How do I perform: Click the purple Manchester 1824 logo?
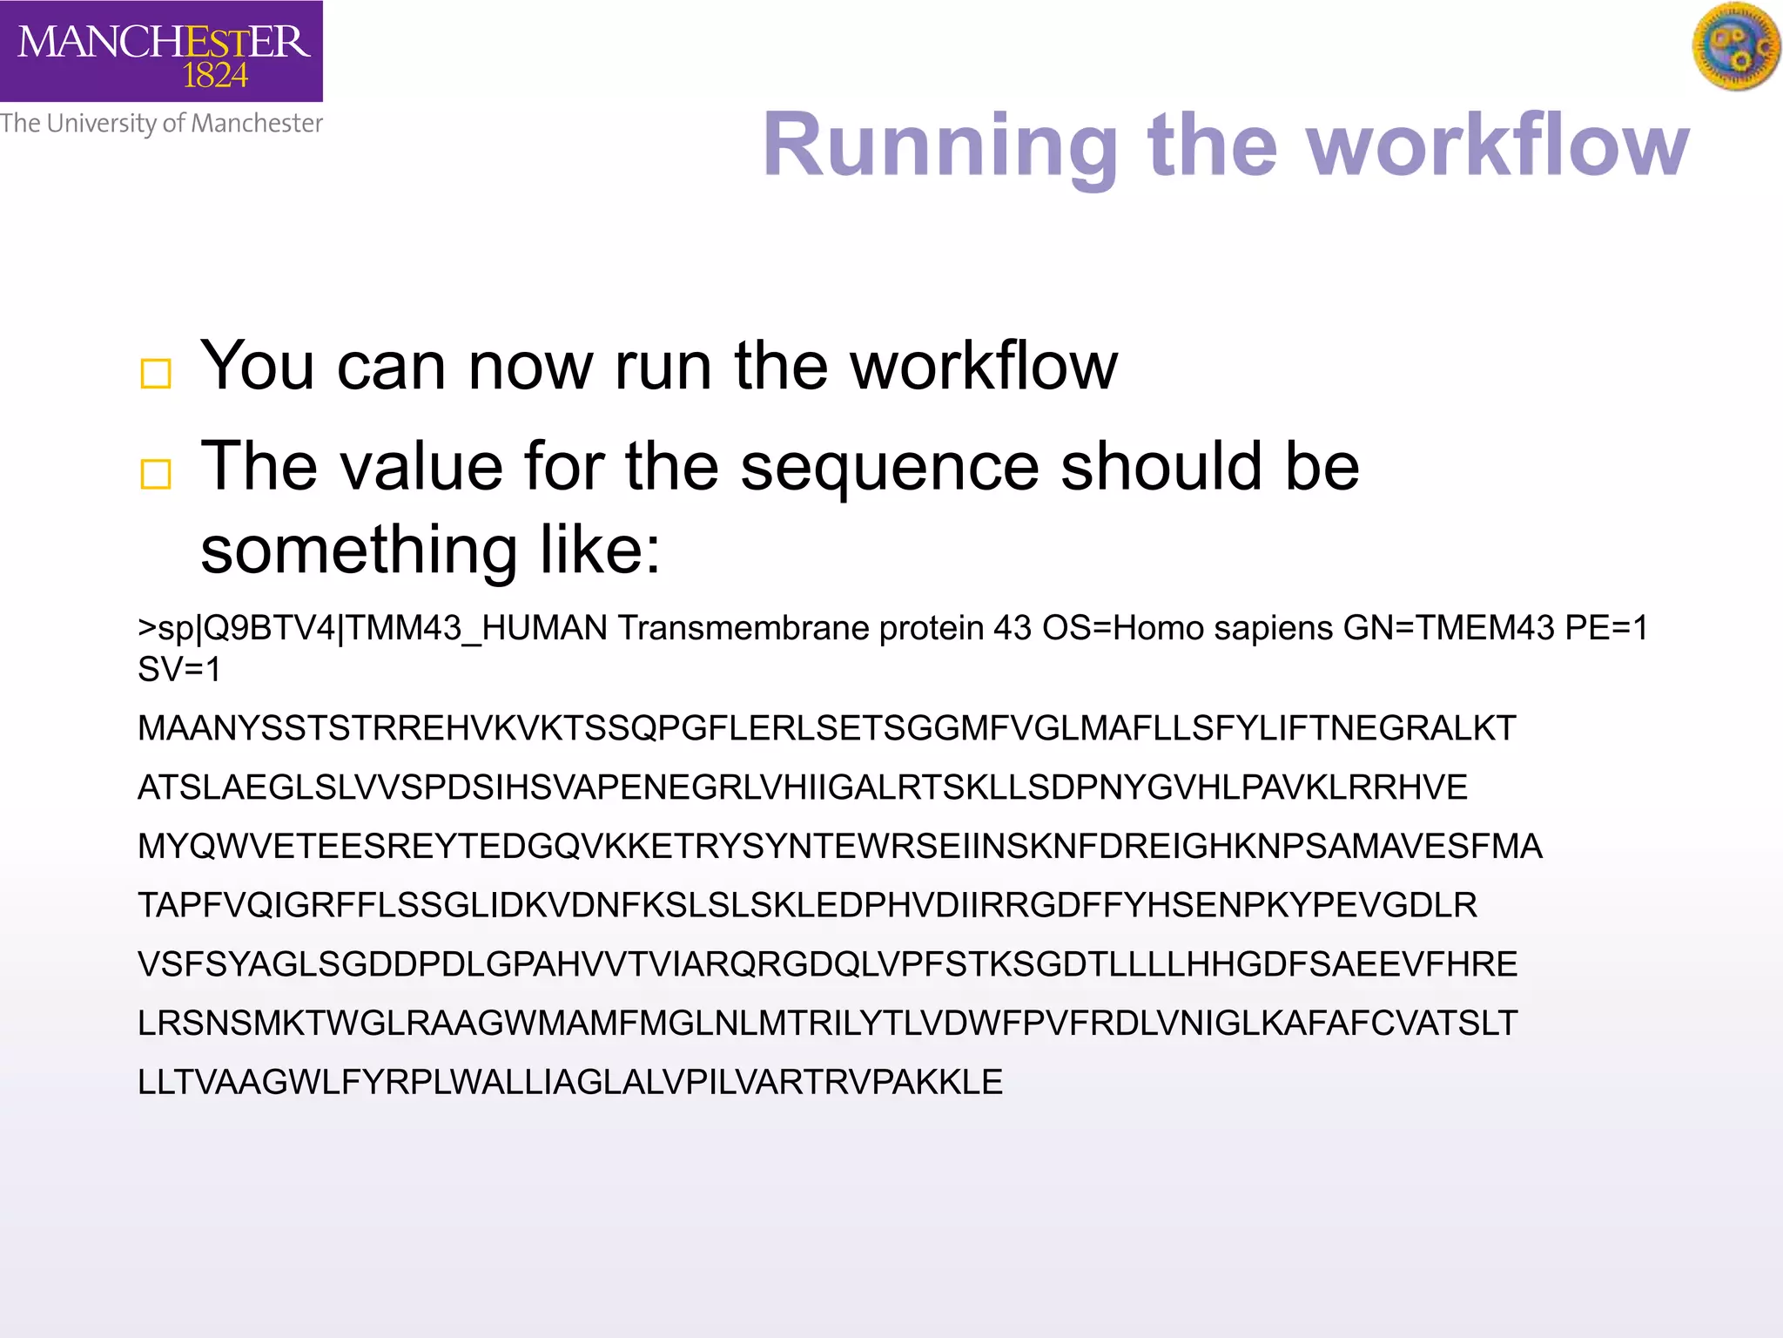[161, 51]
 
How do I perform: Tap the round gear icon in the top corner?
[1736, 45]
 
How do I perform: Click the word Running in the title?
[940, 146]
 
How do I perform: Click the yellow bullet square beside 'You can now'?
[156, 374]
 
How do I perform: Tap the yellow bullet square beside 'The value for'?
[156, 475]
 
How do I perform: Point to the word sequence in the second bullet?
[890, 467]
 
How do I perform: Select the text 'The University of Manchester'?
[161, 124]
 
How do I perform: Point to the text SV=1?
[179, 670]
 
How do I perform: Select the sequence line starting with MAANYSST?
[826, 728]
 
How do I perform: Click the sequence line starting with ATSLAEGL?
[802, 787]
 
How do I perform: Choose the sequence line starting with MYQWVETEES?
[839, 847]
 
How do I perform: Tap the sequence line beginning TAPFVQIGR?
[807, 906]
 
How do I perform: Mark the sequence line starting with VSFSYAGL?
[827, 964]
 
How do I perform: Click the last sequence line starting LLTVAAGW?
[570, 1083]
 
